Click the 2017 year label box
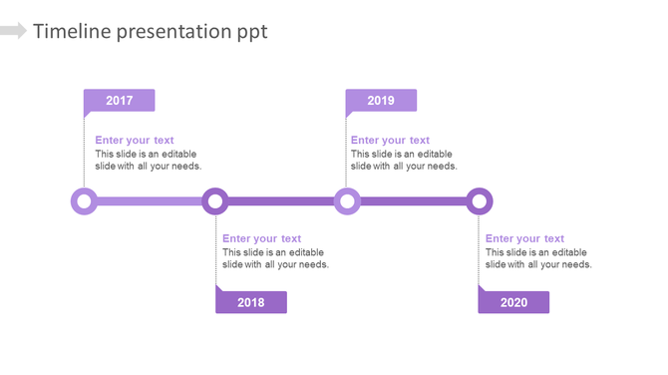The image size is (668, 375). (x=119, y=100)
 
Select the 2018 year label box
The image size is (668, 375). (x=251, y=302)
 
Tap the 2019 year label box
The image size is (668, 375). (x=381, y=100)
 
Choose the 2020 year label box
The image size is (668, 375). (x=513, y=302)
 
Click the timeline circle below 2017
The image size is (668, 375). (x=85, y=201)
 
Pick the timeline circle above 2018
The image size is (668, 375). (x=215, y=201)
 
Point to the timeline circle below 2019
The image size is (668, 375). (x=347, y=201)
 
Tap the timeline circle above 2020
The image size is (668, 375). (x=480, y=201)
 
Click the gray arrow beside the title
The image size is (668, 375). (x=13, y=31)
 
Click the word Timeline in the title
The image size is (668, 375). (x=72, y=31)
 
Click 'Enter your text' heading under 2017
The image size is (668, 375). (x=135, y=141)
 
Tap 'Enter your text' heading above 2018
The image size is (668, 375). (x=261, y=238)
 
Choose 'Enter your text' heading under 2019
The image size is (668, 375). (x=390, y=141)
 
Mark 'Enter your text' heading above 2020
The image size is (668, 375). (x=524, y=238)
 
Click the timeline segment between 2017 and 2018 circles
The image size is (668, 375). (x=150, y=201)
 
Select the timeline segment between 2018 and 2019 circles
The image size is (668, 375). (x=281, y=201)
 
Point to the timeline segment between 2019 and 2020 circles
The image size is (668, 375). (x=413, y=201)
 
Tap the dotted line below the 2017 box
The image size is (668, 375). (x=84, y=150)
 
